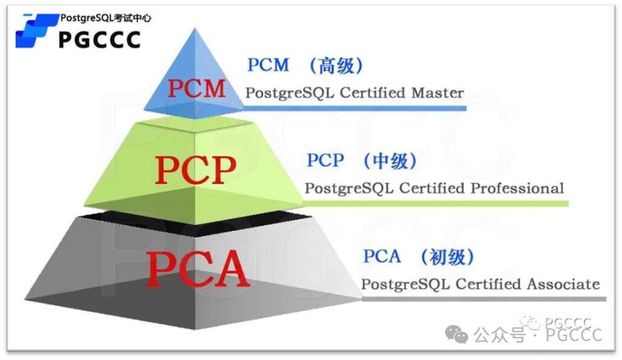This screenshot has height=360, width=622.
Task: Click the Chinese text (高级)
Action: [336, 65]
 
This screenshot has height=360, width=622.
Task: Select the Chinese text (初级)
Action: [447, 256]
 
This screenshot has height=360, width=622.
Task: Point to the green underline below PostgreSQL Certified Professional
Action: [436, 203]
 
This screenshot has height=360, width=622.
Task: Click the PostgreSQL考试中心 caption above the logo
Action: [105, 18]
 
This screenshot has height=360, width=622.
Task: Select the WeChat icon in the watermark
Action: [457, 333]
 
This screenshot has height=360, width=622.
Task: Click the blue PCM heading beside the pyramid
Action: [268, 65]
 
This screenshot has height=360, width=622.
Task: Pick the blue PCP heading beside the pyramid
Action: [325, 161]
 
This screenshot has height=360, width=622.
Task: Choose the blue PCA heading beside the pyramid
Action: [382, 256]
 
